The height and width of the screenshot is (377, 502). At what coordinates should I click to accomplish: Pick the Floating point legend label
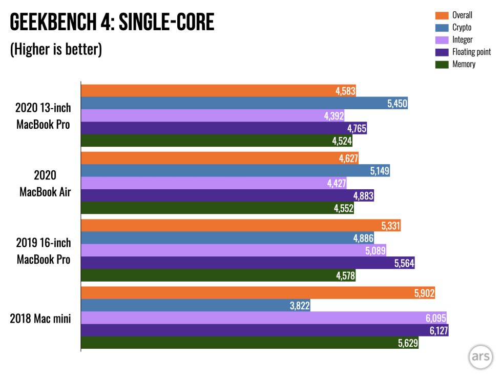pyautogui.click(x=471, y=52)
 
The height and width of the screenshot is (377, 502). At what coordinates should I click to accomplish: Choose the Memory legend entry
pyautogui.click(x=463, y=64)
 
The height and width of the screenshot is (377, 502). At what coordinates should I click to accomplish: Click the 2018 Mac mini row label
pyautogui.click(x=40, y=319)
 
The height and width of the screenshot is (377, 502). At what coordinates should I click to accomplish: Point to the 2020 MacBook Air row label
pyautogui.click(x=44, y=183)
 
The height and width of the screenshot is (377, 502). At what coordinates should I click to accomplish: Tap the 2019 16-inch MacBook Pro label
pyautogui.click(x=44, y=251)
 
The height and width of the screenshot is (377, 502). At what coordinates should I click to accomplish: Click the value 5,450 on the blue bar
pyautogui.click(x=397, y=104)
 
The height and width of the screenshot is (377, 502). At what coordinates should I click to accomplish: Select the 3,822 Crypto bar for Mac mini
pyautogui.click(x=195, y=306)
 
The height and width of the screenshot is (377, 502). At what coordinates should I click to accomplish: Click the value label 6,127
pyautogui.click(x=437, y=331)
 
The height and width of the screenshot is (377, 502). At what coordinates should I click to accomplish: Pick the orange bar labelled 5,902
pyautogui.click(x=256, y=293)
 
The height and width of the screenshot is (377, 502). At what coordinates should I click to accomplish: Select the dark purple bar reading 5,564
pyautogui.click(x=246, y=263)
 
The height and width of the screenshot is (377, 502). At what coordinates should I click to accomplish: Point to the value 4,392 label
pyautogui.click(x=333, y=116)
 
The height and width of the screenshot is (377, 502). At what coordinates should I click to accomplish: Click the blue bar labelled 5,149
pyautogui.click(x=236, y=171)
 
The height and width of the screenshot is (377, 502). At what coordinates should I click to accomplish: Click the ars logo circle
pyautogui.click(x=480, y=356)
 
